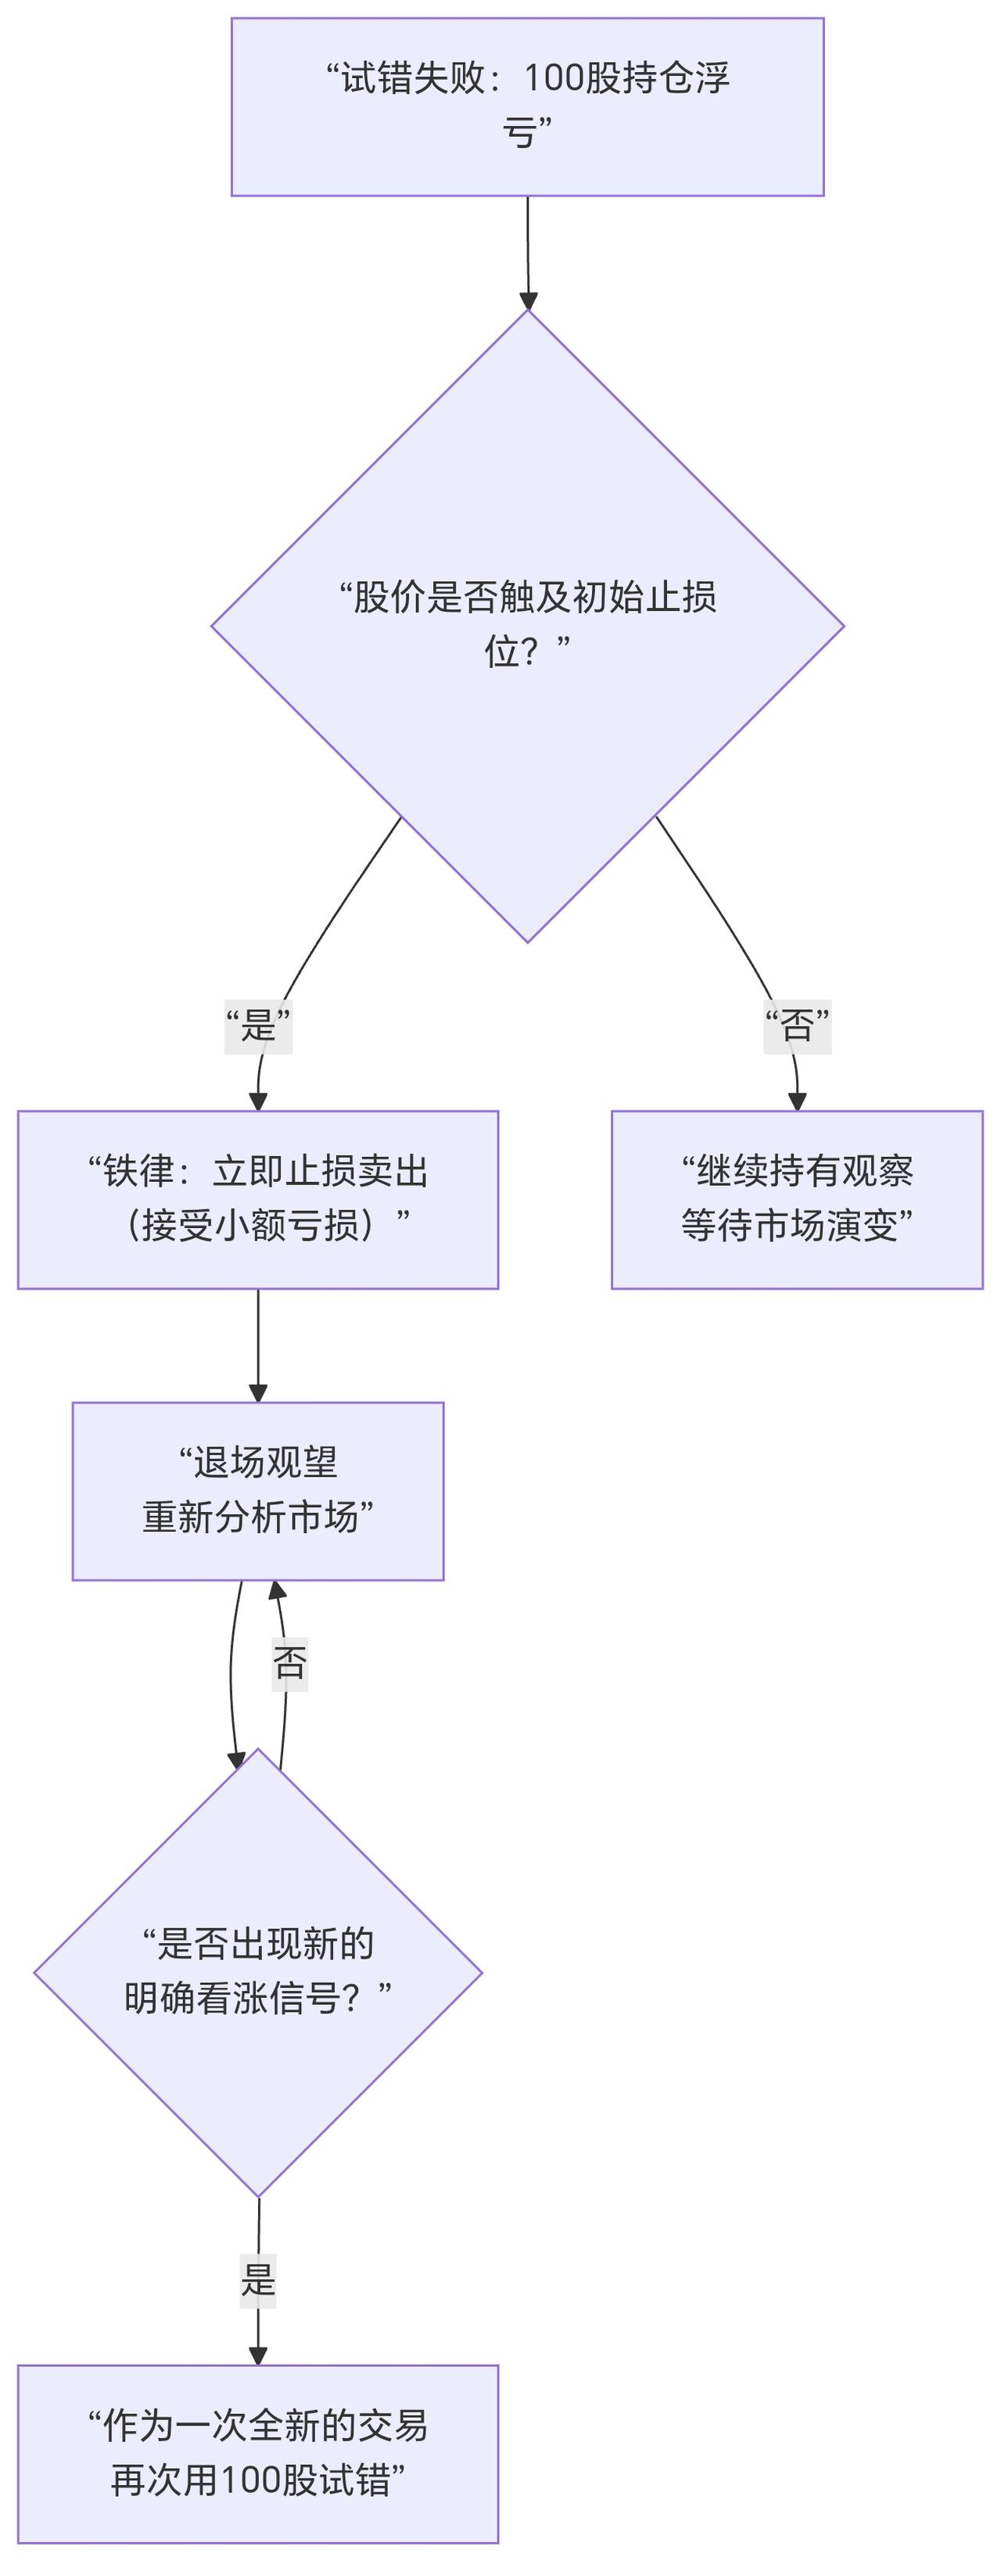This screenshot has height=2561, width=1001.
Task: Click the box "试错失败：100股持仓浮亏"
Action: coord(527,106)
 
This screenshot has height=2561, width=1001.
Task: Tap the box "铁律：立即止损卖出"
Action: coord(257,1199)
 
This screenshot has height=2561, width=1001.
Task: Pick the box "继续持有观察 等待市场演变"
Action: coord(796,1199)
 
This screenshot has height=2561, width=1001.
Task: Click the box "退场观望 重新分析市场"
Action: coord(257,1490)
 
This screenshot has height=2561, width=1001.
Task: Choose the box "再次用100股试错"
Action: coord(257,2454)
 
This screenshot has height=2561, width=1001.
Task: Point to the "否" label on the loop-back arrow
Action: coord(289,1662)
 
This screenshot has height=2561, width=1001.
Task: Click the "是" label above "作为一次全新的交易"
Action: coord(257,2279)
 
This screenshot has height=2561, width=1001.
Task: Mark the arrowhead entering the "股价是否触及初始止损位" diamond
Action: coord(528,300)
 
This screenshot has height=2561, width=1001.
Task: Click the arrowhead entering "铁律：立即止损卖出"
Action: coord(258,1101)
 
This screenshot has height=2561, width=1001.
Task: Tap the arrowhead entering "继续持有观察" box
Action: coord(796,1101)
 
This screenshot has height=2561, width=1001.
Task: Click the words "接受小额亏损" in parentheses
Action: coord(249,1226)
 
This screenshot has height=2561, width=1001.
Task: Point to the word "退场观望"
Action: coord(265,1463)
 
